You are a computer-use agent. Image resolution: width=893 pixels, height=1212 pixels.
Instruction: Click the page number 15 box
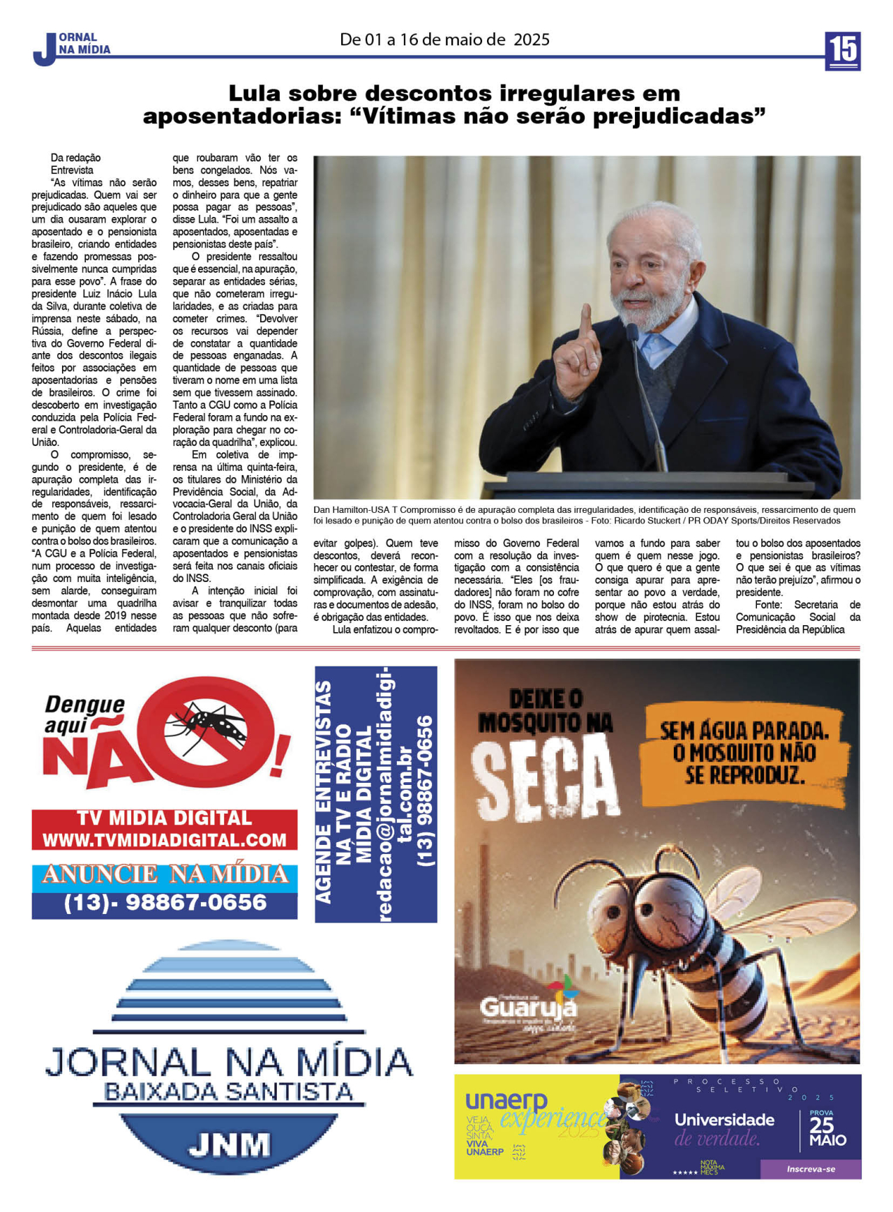point(842,51)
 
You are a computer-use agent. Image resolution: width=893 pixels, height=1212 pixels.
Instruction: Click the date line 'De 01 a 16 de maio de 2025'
point(444,40)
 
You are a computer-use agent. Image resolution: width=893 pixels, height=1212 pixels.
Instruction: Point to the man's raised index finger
point(585,322)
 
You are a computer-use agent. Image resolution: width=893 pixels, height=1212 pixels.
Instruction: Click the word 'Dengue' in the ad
point(84,704)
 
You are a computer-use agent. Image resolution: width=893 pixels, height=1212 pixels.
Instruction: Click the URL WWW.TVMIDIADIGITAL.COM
point(165,839)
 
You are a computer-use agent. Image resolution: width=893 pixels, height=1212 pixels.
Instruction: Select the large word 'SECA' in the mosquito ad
point(545,778)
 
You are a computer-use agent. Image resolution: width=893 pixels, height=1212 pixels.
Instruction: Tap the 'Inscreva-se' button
point(810,1169)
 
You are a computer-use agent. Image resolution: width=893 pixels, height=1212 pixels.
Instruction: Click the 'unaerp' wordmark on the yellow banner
point(506,1100)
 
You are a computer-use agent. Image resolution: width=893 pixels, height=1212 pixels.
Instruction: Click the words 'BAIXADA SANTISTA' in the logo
point(228,1091)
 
